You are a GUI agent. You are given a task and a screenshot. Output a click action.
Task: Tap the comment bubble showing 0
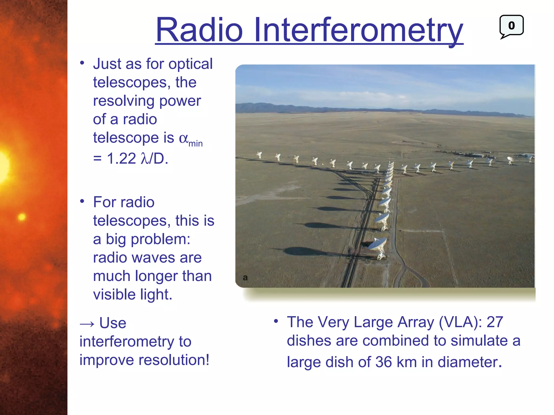(x=511, y=26)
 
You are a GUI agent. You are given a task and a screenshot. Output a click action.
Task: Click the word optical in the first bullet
(x=190, y=64)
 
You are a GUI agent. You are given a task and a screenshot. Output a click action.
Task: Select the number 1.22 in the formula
(x=121, y=158)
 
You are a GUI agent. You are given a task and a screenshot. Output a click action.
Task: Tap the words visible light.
(x=133, y=294)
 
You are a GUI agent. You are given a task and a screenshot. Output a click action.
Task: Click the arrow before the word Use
(x=87, y=324)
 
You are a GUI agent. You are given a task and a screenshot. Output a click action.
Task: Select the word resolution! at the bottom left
(x=174, y=360)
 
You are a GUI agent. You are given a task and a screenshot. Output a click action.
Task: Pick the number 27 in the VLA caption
(x=495, y=322)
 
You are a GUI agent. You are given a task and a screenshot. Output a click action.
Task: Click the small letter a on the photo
(x=245, y=277)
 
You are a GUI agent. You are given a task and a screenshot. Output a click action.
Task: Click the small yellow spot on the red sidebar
(x=22, y=217)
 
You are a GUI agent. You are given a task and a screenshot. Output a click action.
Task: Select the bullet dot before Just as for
(x=82, y=63)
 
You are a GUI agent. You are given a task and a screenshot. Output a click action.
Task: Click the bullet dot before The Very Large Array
(x=276, y=321)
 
